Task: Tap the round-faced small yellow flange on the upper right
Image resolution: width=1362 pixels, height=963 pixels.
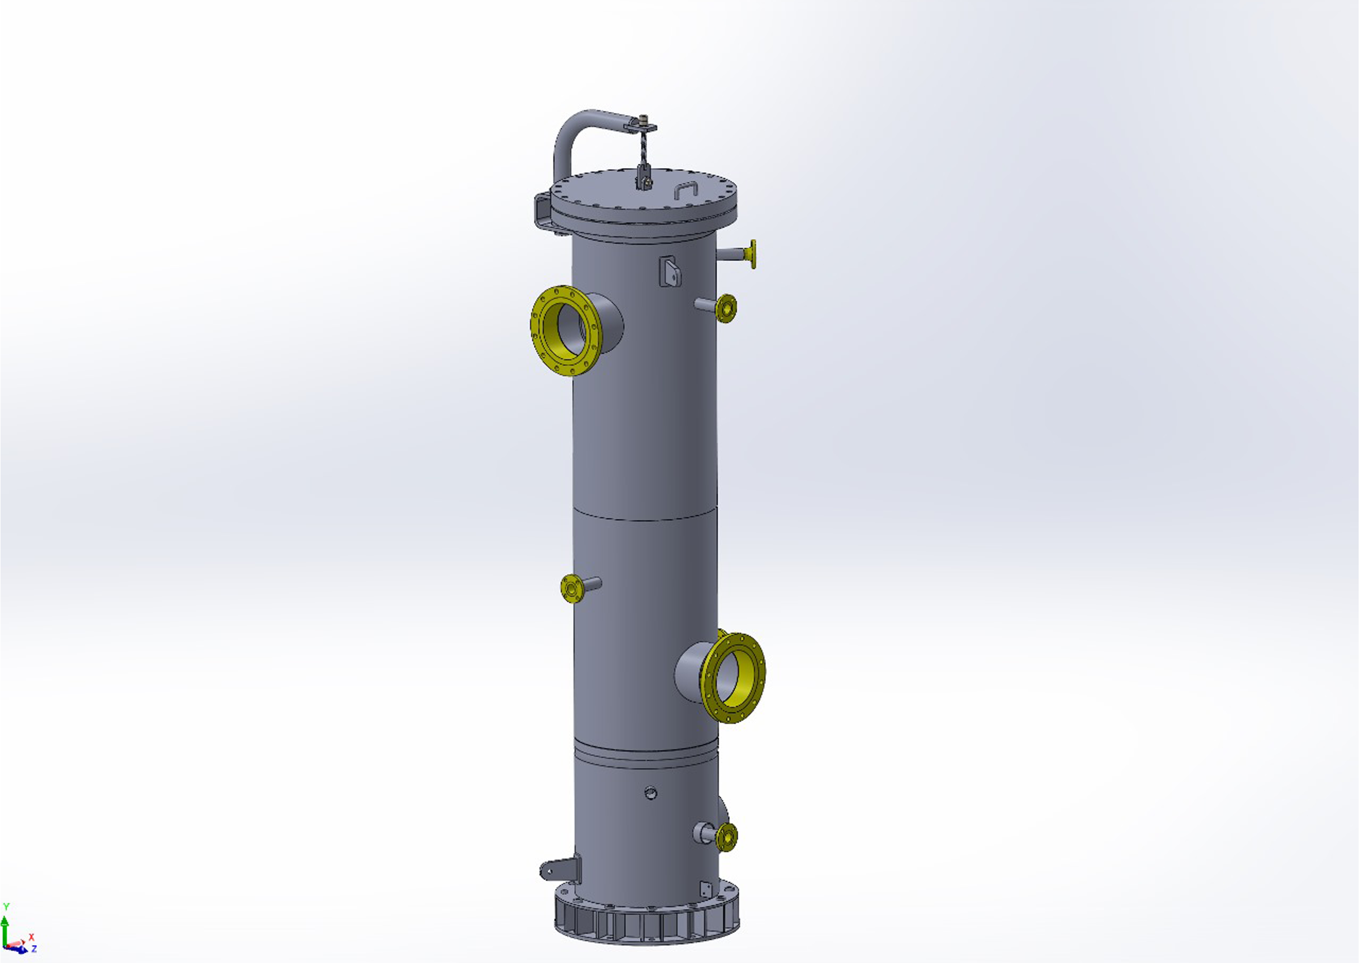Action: (x=726, y=308)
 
